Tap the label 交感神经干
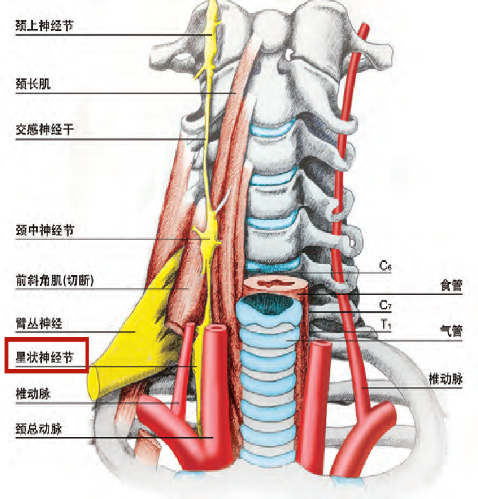(45, 129)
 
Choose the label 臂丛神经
(38, 323)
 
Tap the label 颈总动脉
(38, 428)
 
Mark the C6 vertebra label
(386, 266)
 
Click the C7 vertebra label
(386, 305)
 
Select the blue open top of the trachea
(268, 303)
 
